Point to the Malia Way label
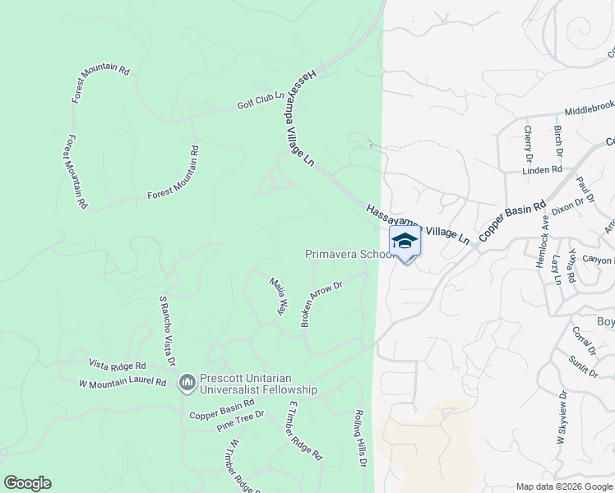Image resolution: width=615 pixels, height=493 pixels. point(278,296)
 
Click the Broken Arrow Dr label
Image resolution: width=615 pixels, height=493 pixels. point(321,302)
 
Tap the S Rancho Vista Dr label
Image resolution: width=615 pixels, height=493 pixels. point(167,331)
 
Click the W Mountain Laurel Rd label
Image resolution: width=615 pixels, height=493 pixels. point(122,383)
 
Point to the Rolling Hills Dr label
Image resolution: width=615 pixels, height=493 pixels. point(360,439)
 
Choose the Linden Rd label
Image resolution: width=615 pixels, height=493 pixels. point(543,170)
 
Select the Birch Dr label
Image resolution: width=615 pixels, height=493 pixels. point(557,141)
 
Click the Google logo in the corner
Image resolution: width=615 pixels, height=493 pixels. point(27,483)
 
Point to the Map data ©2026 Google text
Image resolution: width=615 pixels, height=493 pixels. point(564,486)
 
